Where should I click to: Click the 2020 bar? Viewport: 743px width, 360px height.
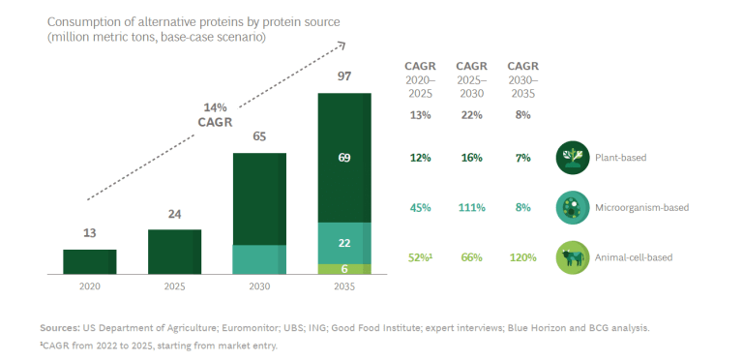90,262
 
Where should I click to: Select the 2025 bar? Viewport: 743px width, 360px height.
174,252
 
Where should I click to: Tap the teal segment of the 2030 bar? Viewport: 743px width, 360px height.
259,259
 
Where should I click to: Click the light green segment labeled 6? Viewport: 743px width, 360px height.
344,269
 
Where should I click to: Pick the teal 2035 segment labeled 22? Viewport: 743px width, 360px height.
344,243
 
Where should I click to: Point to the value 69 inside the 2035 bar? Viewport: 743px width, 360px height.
344,158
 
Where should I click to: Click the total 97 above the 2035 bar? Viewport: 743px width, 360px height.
344,76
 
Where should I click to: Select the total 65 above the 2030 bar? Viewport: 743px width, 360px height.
259,136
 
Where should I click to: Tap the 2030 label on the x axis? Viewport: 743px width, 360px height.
259,286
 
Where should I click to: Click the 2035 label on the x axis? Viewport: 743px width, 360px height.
344,286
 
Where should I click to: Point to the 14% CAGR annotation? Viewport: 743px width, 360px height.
215,115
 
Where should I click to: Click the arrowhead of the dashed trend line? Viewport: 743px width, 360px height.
342,45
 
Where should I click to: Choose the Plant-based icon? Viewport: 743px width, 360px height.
573,158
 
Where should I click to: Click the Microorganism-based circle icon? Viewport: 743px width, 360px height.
573,207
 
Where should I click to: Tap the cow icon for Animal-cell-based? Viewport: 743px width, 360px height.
573,257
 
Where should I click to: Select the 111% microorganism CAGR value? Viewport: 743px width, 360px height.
471,207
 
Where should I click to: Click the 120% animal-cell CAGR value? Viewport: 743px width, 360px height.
523,257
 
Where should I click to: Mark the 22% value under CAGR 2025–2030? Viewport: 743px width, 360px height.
471,115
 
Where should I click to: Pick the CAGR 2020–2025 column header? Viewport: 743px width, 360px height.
420,79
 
